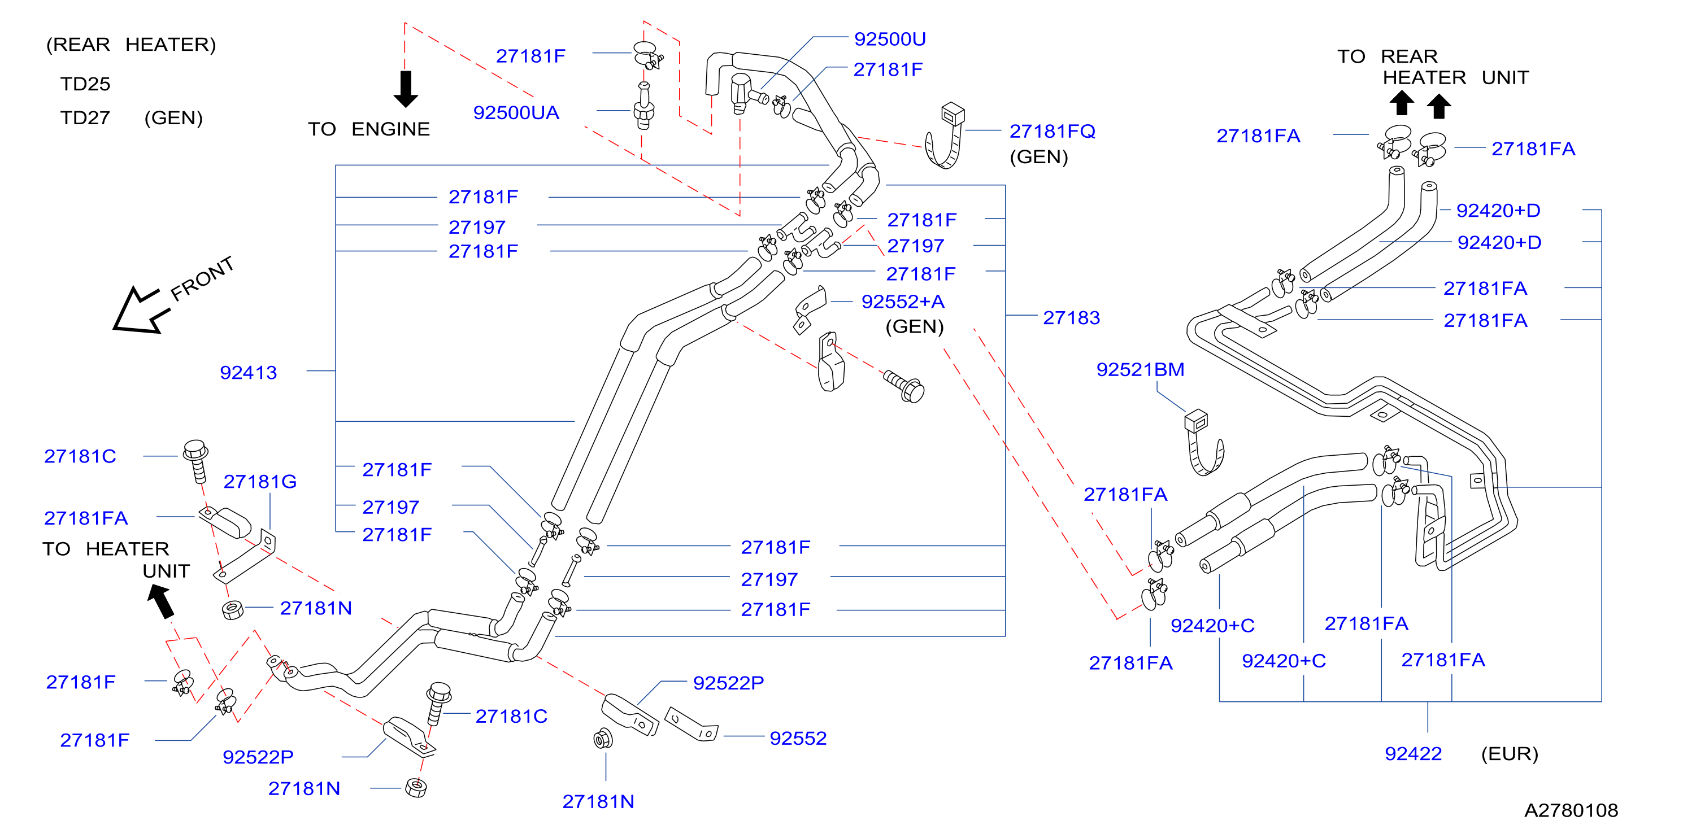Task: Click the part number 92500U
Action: tap(890, 39)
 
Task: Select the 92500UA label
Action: tap(516, 113)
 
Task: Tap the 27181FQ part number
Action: tap(1052, 131)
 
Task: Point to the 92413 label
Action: tap(248, 372)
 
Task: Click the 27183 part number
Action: tap(1072, 317)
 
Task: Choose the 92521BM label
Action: tap(1140, 370)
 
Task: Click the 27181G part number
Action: tap(260, 482)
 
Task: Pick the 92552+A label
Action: tap(903, 302)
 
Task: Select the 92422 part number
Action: tap(1413, 754)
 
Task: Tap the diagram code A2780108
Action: tap(1571, 810)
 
